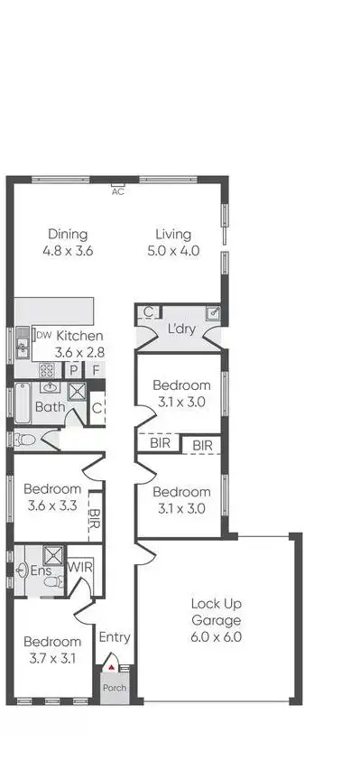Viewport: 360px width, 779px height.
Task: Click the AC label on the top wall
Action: [x=117, y=191]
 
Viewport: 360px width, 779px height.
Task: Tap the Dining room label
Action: [x=68, y=234]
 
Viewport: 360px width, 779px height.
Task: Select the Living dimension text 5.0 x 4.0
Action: [x=174, y=251]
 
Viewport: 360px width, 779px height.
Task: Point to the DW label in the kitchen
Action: [x=42, y=335]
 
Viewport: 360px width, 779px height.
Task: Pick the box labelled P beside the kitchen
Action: [x=75, y=370]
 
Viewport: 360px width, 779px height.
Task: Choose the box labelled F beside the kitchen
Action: [x=95, y=370]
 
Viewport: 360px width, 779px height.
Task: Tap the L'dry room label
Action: [x=181, y=330]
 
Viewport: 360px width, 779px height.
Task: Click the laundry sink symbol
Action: [x=212, y=313]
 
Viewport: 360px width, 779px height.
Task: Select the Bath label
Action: [x=49, y=407]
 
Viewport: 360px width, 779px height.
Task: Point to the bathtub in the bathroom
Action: [x=23, y=402]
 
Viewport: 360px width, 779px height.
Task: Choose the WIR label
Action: [x=80, y=569]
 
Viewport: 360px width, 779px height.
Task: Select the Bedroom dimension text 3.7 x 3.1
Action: [x=53, y=658]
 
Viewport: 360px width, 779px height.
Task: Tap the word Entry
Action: [x=114, y=637]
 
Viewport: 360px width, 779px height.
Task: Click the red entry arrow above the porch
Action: [x=112, y=667]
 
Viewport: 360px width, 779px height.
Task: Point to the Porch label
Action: [x=114, y=687]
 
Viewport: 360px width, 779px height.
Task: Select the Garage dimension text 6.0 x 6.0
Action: [x=216, y=636]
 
